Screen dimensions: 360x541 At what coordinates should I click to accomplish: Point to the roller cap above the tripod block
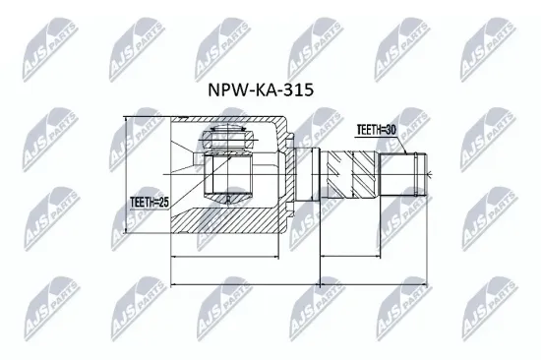[x=227, y=139]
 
